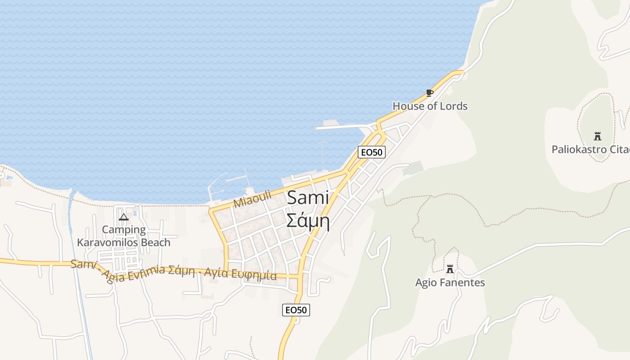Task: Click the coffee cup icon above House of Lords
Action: click(x=430, y=93)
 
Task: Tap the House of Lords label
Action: click(x=430, y=106)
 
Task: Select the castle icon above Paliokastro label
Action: click(x=598, y=136)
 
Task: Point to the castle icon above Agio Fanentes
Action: click(x=450, y=269)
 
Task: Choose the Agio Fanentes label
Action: click(x=450, y=283)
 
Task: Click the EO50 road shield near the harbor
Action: click(x=372, y=152)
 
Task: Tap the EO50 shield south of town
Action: click(x=296, y=310)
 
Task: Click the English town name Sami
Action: click(x=308, y=198)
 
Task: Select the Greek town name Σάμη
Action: click(x=308, y=221)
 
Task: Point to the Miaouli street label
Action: click(x=252, y=198)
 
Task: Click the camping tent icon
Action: click(x=123, y=217)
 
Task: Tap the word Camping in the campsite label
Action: click(x=124, y=229)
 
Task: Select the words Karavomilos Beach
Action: click(x=124, y=243)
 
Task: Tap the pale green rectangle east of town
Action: click(x=414, y=168)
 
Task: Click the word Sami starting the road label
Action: click(x=83, y=265)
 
